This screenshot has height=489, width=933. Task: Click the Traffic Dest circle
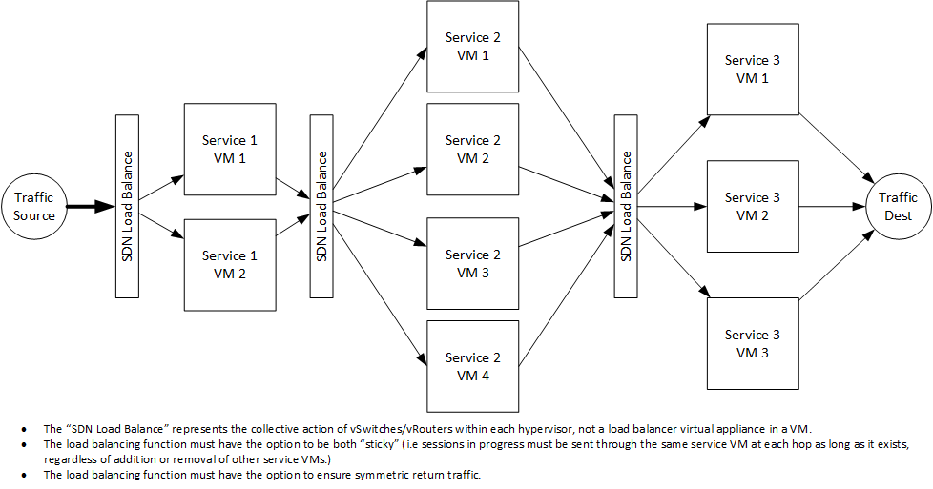point(897,206)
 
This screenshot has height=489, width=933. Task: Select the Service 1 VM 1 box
point(229,150)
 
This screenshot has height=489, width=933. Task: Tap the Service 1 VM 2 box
point(229,264)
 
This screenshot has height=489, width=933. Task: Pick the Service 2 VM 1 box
point(473,47)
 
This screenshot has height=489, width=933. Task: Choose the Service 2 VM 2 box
point(473,150)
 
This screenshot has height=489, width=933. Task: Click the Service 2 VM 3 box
point(473,264)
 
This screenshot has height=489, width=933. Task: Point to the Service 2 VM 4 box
point(473,367)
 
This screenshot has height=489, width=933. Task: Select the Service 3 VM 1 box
point(753,69)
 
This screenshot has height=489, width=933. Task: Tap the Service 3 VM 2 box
point(753,206)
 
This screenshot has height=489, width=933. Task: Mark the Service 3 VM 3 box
point(753,343)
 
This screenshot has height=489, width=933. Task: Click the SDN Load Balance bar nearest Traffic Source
point(127,205)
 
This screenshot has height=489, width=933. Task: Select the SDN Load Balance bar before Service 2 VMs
point(321,205)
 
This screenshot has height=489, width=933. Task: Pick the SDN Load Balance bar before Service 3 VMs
point(626,205)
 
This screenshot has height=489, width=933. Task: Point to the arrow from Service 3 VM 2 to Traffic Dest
point(831,206)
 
